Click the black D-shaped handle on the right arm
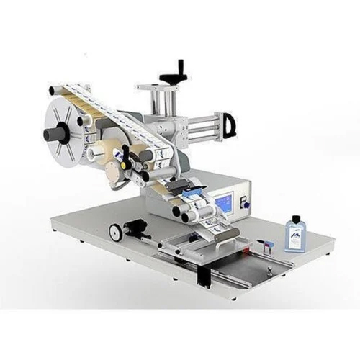230,126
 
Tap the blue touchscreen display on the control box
224,202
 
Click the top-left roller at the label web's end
53,90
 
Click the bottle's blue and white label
294,237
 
